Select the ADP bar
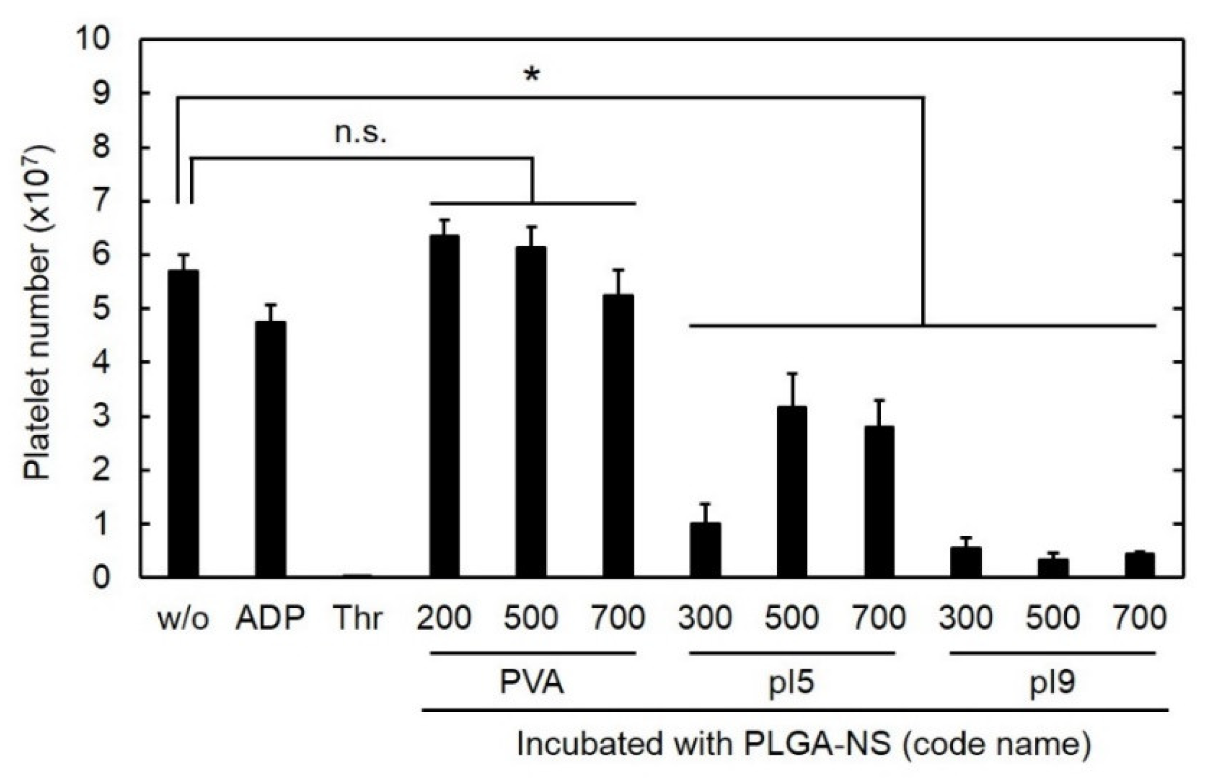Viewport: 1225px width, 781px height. point(270,449)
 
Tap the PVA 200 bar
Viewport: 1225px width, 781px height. point(444,407)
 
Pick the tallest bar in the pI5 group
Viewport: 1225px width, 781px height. point(792,492)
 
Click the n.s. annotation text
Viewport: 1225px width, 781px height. point(360,133)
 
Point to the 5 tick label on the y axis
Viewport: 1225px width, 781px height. point(102,309)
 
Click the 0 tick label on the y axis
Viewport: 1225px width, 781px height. point(102,578)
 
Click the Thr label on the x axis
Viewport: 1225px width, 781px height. point(358,618)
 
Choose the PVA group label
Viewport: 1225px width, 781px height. point(532,683)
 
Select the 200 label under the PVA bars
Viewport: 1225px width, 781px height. point(444,618)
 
